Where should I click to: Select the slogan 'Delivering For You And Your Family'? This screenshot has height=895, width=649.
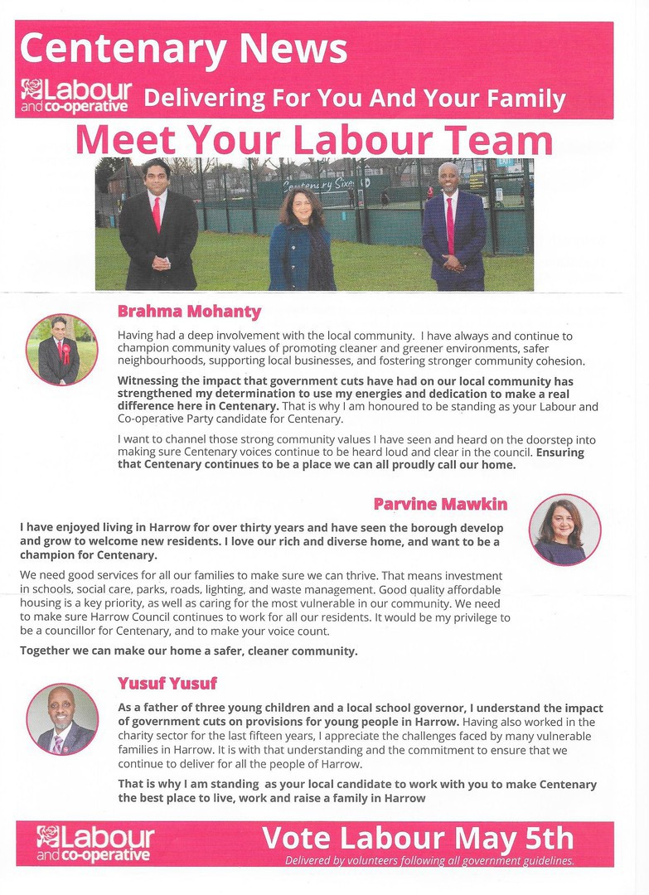click(x=354, y=99)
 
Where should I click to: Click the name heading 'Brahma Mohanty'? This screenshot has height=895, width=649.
click(x=189, y=312)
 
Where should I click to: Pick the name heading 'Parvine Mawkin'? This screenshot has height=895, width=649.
click(x=440, y=504)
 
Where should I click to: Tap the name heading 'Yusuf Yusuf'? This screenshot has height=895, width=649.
click(x=167, y=684)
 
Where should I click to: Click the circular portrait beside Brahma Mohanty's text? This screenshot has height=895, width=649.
click(x=61, y=350)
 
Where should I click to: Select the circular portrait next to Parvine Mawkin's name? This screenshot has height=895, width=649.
click(x=564, y=530)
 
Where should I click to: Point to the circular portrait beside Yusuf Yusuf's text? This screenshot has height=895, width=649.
click(x=61, y=719)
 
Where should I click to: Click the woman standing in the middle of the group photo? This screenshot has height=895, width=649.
click(x=302, y=240)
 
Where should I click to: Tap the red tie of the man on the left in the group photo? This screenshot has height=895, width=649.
click(x=157, y=214)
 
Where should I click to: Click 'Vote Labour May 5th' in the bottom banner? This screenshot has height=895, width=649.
click(x=417, y=839)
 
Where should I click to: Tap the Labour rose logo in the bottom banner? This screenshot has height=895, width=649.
click(x=48, y=836)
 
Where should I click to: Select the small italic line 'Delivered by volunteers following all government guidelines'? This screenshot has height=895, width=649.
click(x=429, y=861)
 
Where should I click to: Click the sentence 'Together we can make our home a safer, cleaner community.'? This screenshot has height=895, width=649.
click(x=189, y=651)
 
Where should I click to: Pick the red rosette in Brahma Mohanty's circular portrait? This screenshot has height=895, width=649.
click(x=67, y=355)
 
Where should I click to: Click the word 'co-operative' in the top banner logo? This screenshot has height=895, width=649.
click(x=90, y=106)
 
